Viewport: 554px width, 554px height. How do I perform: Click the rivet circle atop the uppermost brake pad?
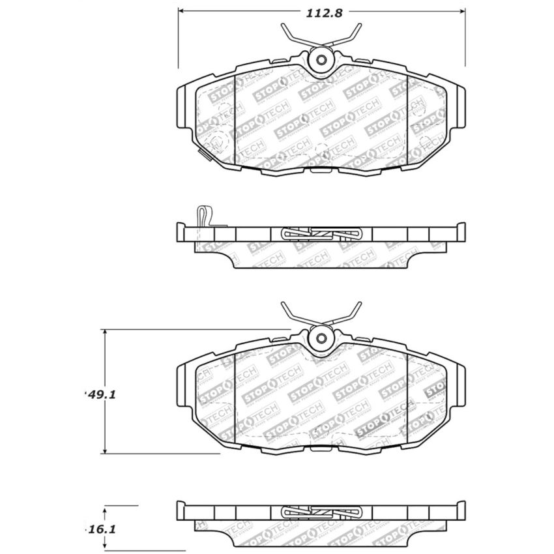[321, 60]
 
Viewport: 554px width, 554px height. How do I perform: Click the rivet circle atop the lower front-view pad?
[321, 338]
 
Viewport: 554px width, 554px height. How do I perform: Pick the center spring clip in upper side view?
[321, 234]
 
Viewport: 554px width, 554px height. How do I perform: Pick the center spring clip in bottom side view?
[321, 512]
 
